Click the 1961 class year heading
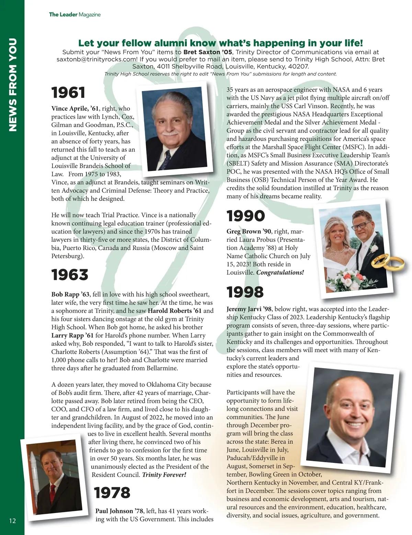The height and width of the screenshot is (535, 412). (x=68, y=93)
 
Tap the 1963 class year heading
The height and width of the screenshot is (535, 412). (x=70, y=275)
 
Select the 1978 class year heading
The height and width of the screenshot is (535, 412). (x=112, y=493)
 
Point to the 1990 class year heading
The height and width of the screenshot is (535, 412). (x=246, y=216)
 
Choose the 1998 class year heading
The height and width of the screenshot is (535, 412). (x=245, y=292)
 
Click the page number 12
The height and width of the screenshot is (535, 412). (x=12, y=521)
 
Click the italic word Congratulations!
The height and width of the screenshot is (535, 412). (x=280, y=273)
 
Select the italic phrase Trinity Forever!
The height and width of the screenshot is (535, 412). (x=164, y=475)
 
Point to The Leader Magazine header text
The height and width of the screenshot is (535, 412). (x=75, y=14)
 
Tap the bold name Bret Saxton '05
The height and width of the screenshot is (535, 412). (x=208, y=52)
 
